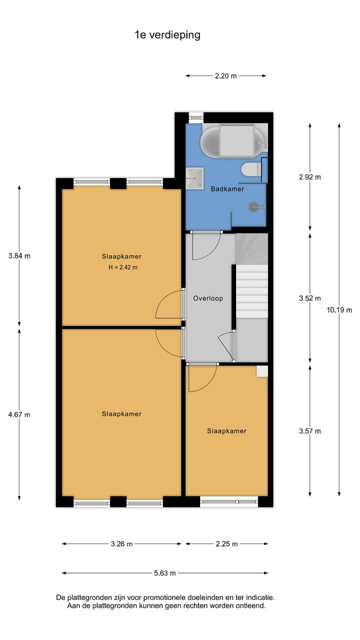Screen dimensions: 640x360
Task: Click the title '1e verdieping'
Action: [x=167, y=34]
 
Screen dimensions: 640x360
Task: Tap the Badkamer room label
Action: [x=227, y=189]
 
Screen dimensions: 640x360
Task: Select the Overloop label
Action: [x=208, y=298]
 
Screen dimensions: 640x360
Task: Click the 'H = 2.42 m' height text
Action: [x=122, y=267]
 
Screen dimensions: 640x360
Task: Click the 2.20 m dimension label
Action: [x=225, y=76]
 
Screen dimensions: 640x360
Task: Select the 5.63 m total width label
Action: [x=164, y=573]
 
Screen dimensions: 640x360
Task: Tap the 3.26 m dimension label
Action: [x=121, y=544]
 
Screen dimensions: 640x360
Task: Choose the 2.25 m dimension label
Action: [x=226, y=544]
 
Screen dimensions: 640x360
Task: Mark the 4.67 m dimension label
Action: [x=19, y=414]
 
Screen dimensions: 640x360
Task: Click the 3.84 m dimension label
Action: [x=19, y=256]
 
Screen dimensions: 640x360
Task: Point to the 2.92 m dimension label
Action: [x=310, y=177]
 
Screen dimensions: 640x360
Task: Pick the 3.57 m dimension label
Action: [x=310, y=431]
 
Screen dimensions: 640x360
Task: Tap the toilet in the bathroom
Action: [x=249, y=169]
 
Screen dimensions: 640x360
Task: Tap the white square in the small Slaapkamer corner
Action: [x=262, y=371]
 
